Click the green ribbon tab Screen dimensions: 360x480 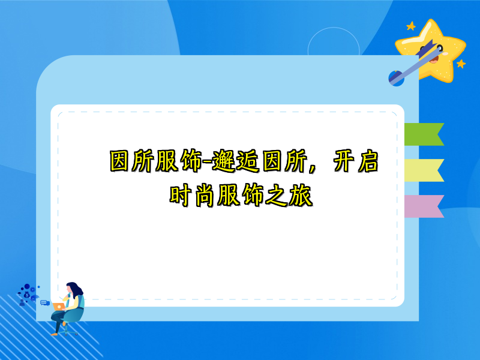(423, 134)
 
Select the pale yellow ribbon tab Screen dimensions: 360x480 (423, 170)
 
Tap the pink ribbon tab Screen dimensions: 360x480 (423, 206)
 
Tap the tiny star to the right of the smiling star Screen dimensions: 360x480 (461, 63)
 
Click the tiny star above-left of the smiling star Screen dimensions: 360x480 (411, 26)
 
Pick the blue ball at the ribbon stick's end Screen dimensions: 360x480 (396, 77)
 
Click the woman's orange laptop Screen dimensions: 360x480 (59, 306)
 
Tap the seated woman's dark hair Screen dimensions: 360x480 (76, 289)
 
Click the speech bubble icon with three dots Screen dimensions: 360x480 (44, 302)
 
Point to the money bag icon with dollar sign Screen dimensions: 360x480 (26, 295)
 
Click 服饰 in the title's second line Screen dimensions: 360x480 (242, 196)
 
